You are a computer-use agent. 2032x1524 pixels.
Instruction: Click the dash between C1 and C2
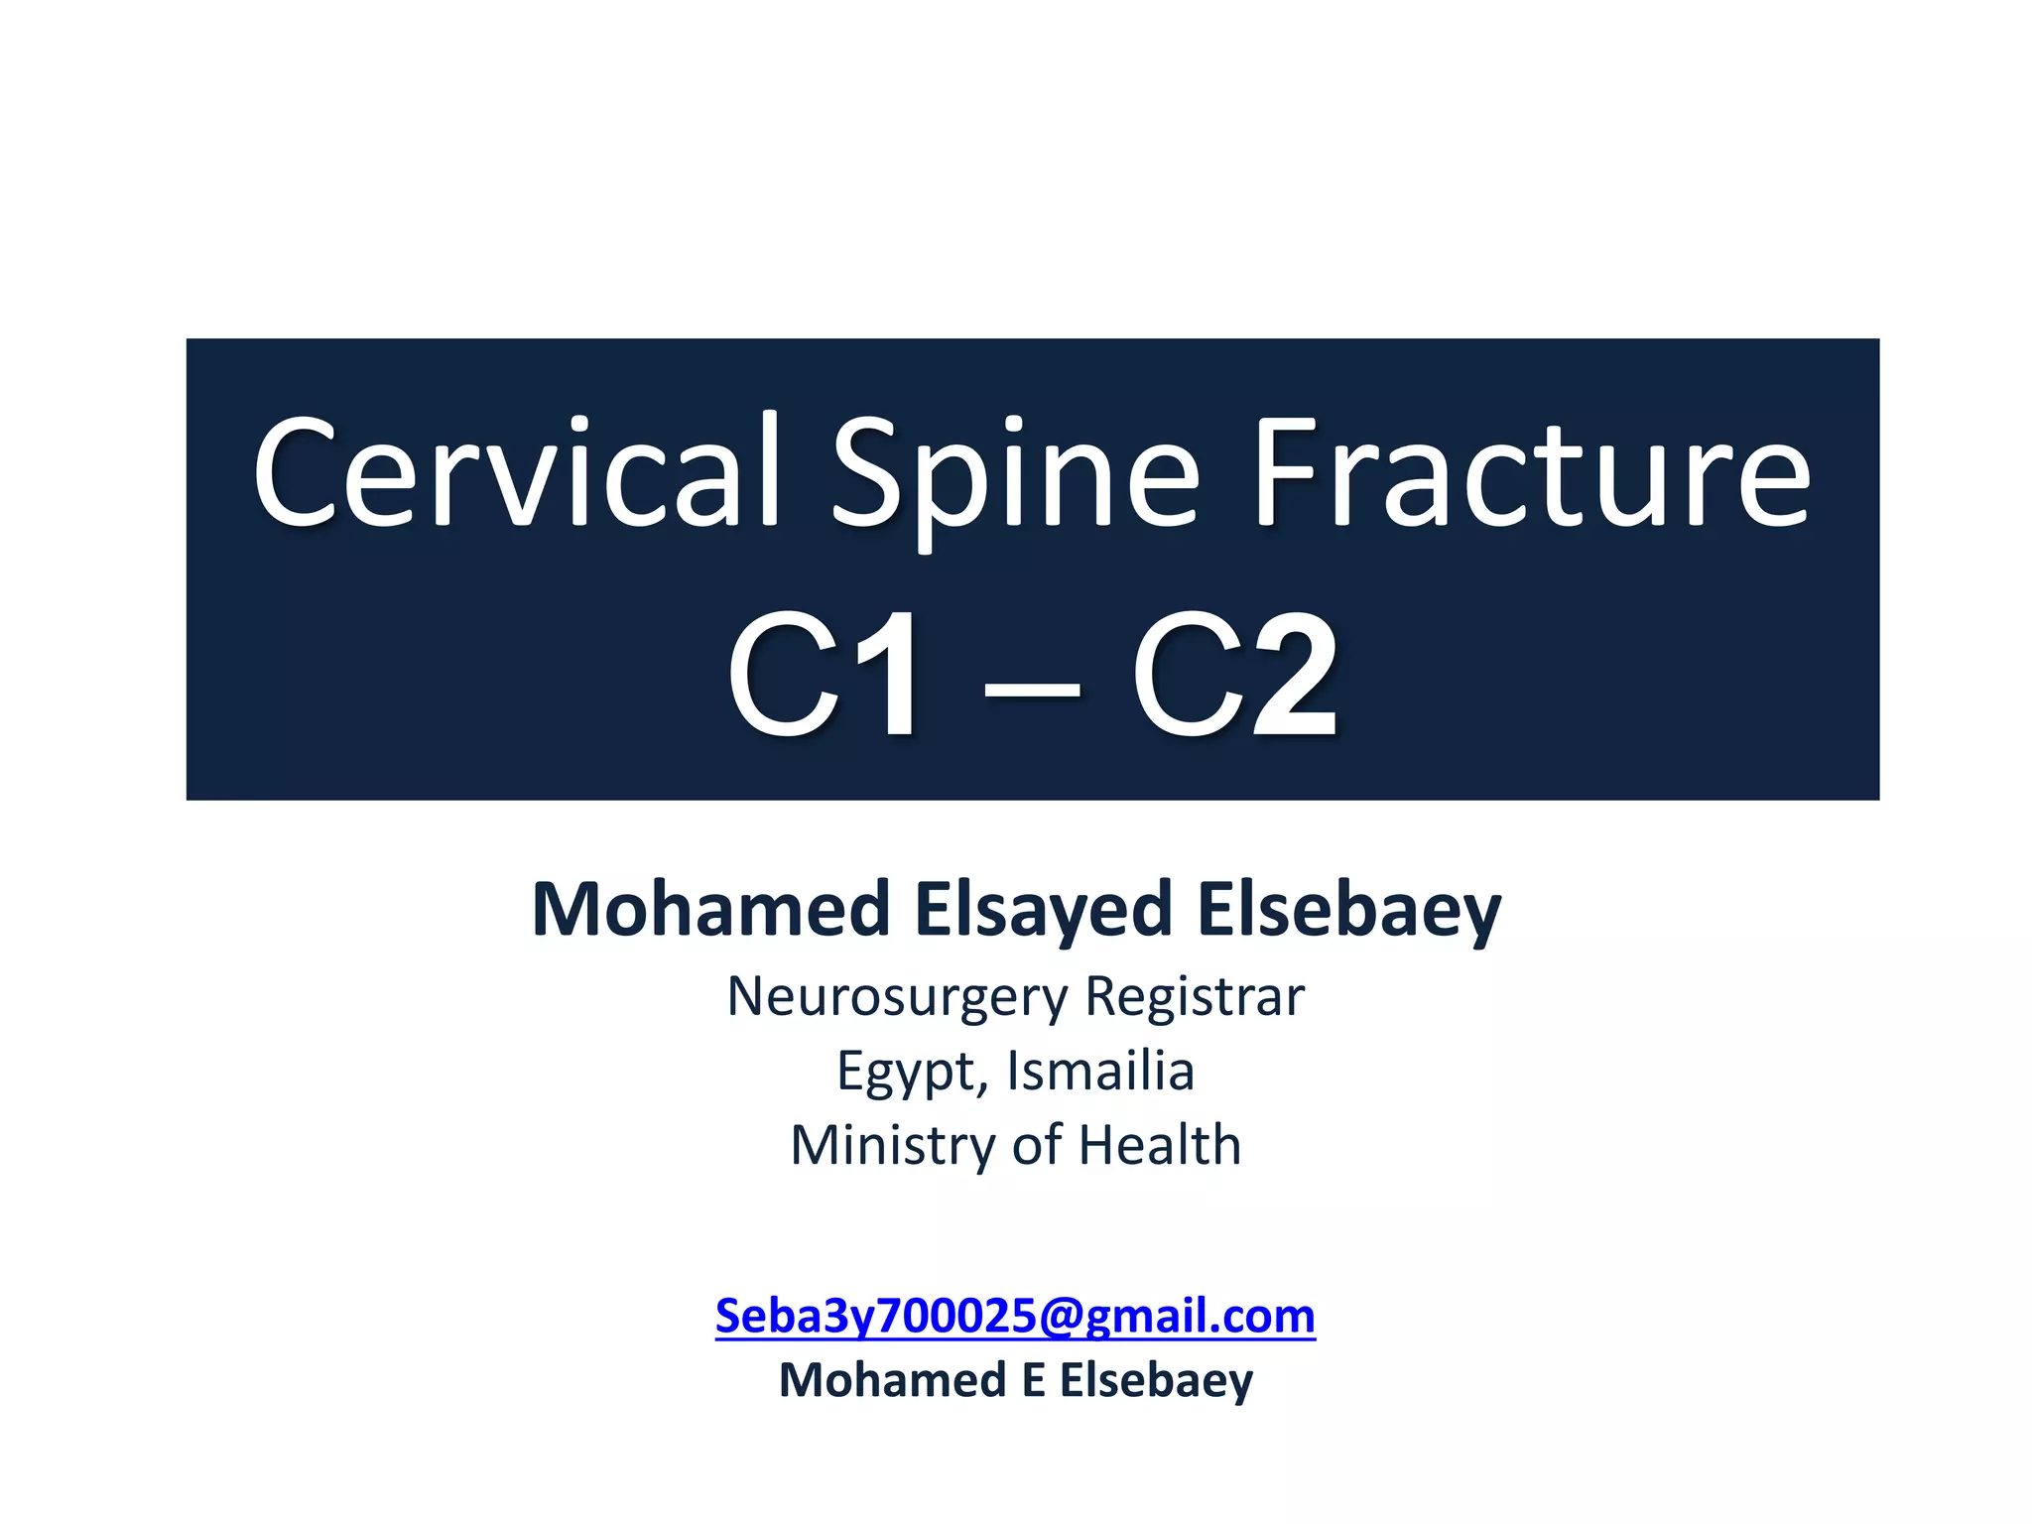pos(1031,685)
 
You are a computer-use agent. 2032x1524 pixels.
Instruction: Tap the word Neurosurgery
pos(897,996)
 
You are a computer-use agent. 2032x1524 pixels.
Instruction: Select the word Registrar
pos(1195,996)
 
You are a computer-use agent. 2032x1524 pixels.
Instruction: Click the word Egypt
pos(911,1072)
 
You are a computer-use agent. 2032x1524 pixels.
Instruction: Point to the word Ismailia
pos(1100,1071)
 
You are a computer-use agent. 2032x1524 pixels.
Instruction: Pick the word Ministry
pos(891,1145)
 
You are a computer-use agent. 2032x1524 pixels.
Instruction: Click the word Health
pos(1160,1145)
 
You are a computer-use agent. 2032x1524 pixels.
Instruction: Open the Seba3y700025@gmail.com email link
pos(1015,1317)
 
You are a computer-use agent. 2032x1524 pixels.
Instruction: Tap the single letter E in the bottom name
pos(1033,1380)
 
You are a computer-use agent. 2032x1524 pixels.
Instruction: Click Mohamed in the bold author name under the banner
pos(710,909)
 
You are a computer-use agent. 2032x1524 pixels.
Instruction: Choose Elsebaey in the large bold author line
pos(1349,909)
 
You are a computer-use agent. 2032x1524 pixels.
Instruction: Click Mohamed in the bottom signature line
pos(892,1380)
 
